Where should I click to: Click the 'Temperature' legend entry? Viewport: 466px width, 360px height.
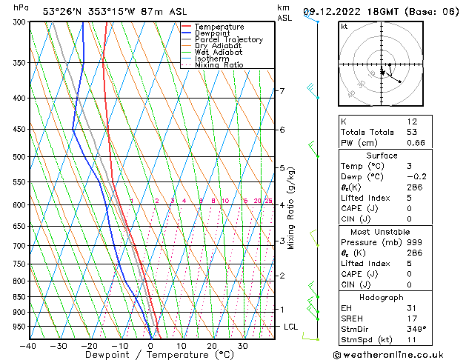click(219, 27)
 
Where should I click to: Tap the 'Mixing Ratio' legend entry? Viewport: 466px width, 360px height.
click(219, 65)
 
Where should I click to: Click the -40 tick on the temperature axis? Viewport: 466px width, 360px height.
click(29, 345)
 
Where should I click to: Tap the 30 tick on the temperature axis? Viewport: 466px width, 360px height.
click(242, 345)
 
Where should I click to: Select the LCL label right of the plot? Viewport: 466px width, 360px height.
click(291, 327)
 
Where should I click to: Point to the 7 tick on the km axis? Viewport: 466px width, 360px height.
click(282, 91)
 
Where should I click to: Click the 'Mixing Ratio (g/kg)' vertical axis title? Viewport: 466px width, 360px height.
click(292, 208)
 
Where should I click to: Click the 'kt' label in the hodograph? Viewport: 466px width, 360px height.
click(344, 27)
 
